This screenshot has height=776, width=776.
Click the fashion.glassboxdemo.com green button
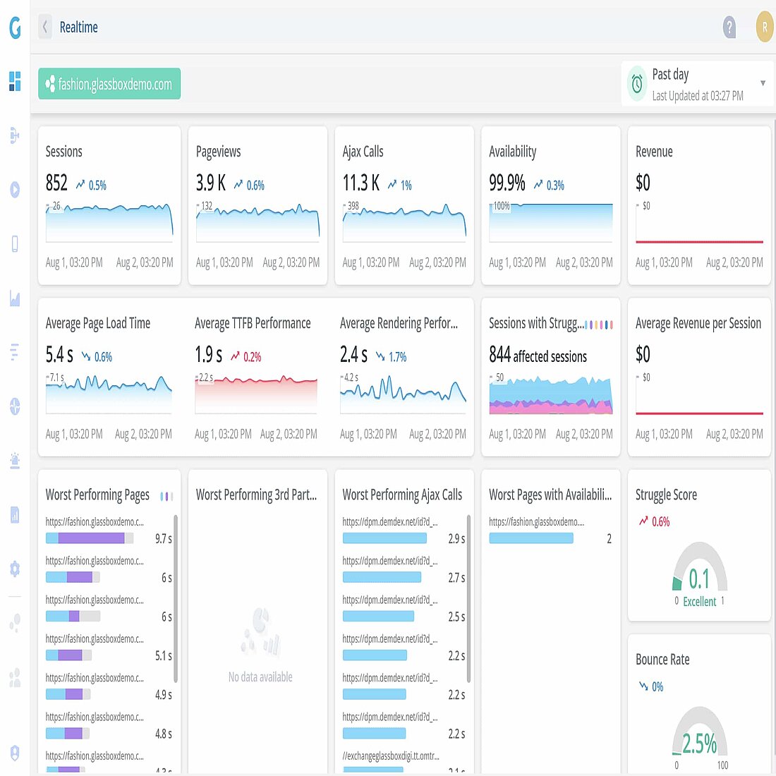(109, 84)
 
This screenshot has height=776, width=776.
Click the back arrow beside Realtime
(45, 28)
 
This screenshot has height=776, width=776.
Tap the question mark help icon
(729, 28)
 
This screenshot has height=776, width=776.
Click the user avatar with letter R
(764, 28)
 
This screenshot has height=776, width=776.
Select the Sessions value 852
(56, 183)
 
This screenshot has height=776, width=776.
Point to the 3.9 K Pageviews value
(210, 183)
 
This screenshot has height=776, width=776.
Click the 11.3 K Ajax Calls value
(360, 183)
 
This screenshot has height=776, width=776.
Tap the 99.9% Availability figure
(507, 183)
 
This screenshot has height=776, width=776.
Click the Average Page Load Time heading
(98, 323)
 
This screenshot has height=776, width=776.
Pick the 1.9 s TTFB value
(208, 355)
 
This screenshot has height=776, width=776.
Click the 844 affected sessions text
(538, 356)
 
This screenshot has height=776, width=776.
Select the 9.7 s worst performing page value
(163, 538)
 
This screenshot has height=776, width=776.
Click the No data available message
(260, 677)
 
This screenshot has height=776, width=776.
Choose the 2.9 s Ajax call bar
(384, 538)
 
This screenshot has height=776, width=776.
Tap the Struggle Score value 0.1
(699, 579)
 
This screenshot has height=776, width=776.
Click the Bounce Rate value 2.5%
(699, 744)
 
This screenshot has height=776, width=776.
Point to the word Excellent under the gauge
(699, 602)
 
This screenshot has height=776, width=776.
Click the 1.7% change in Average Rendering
(397, 357)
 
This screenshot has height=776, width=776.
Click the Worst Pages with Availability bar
(531, 538)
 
